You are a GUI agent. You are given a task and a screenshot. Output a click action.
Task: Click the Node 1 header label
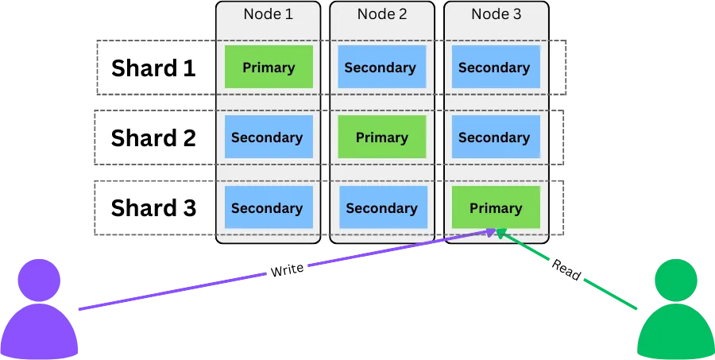pyautogui.click(x=268, y=14)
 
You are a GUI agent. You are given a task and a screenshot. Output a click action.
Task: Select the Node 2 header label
pyautogui.click(x=381, y=14)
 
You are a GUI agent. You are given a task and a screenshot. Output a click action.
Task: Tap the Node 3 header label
pyautogui.click(x=496, y=14)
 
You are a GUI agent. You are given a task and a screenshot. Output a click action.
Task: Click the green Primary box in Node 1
pyautogui.click(x=269, y=67)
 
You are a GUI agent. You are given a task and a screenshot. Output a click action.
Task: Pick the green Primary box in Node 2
pyautogui.click(x=381, y=137)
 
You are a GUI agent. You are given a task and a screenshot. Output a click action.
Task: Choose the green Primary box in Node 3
pyautogui.click(x=496, y=207)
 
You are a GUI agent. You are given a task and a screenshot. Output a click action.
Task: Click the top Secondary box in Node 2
pyautogui.click(x=381, y=67)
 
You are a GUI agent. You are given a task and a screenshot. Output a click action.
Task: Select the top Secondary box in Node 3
pyautogui.click(x=495, y=67)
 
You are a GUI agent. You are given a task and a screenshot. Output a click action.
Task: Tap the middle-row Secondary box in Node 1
pyautogui.click(x=268, y=137)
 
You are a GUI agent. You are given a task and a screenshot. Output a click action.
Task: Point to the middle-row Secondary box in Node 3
pyautogui.click(x=495, y=137)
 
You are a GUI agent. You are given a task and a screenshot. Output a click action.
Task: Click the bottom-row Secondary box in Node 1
pyautogui.click(x=268, y=207)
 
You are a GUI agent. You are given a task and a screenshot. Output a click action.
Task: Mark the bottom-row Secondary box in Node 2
pyautogui.click(x=381, y=207)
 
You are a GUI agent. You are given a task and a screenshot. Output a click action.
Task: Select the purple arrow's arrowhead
pyautogui.click(x=489, y=231)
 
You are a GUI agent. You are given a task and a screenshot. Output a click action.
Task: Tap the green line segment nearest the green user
pyautogui.click(x=612, y=294)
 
